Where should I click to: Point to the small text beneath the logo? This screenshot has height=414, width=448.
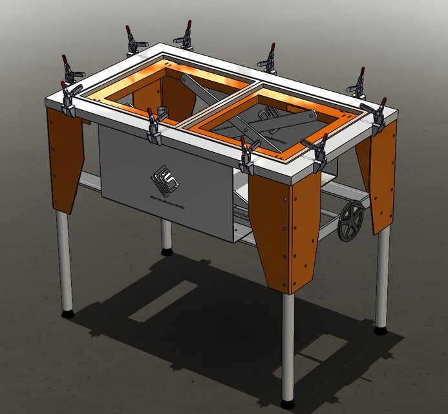[x=167, y=200]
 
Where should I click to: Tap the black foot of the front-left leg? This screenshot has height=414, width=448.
[x=67, y=314]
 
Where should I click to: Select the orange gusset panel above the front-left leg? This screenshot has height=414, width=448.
[x=65, y=155]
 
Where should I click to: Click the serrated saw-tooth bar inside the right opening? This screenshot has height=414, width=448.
[x=259, y=126]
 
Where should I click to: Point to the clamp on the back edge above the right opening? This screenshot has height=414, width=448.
[x=269, y=60]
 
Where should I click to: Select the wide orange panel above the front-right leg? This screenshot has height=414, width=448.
[x=284, y=226]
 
